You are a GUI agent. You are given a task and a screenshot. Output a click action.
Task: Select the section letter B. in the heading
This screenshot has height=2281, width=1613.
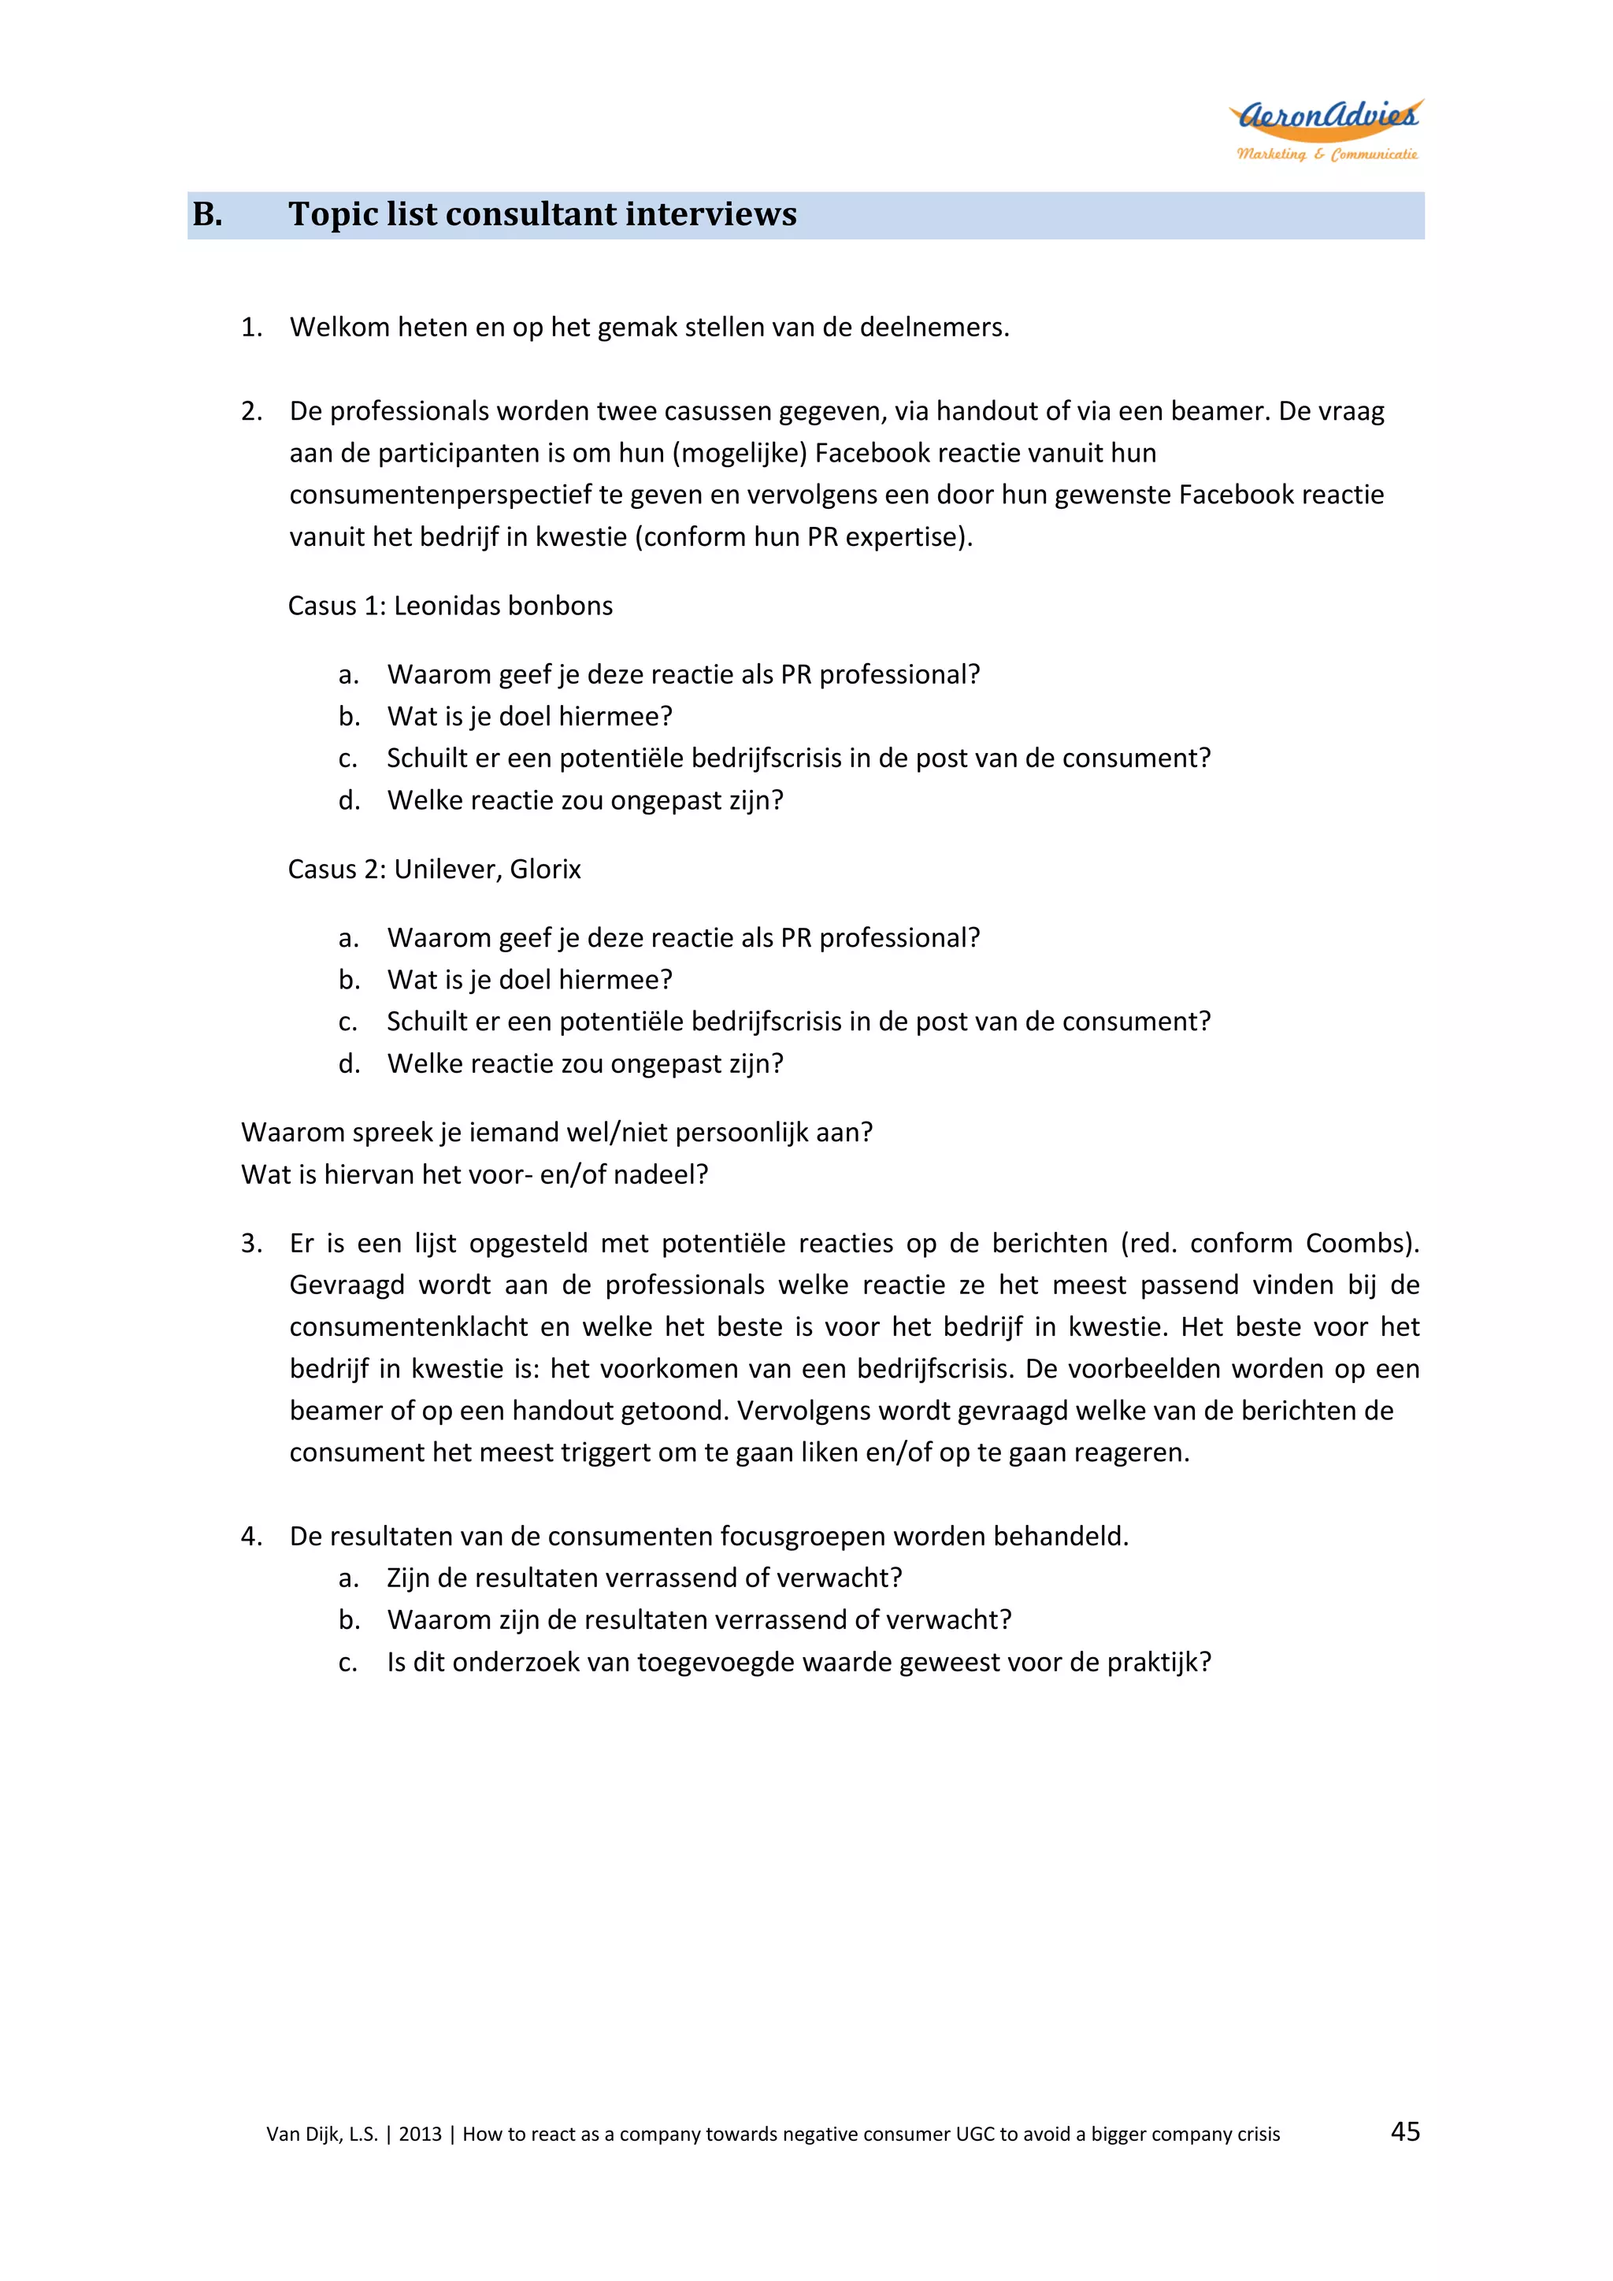tap(208, 214)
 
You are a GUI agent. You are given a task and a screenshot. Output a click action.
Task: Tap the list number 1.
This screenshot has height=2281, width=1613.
tap(251, 328)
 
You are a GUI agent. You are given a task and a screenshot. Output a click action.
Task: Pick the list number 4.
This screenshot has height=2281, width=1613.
tap(251, 1537)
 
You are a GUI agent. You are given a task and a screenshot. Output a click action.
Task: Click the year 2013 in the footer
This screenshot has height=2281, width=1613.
tap(420, 2134)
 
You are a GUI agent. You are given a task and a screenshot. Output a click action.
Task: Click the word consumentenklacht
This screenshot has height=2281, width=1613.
tap(408, 1327)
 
